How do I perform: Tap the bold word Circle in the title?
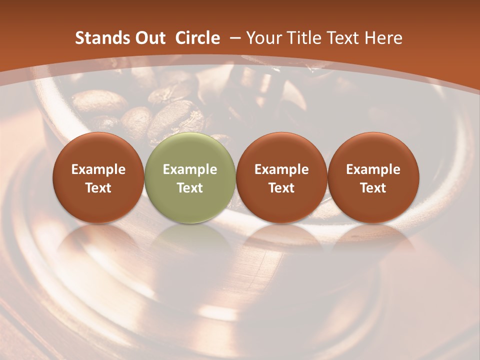tap(197, 38)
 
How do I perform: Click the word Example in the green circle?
tap(190, 169)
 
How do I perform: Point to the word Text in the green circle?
tap(190, 188)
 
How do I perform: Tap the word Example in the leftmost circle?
tap(98, 169)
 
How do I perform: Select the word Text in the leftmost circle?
tap(98, 188)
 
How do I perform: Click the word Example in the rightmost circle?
tap(373, 169)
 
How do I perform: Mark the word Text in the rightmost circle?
tap(373, 188)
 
